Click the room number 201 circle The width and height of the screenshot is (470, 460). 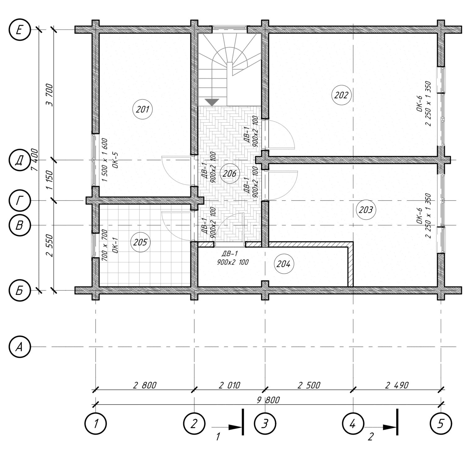(x=143, y=110)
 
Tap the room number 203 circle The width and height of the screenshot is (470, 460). (x=365, y=210)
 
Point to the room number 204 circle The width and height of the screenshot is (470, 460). (x=283, y=264)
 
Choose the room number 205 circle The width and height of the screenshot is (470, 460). (x=140, y=242)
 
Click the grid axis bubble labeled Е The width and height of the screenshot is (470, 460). (x=19, y=30)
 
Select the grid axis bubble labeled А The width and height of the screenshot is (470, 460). (x=19, y=347)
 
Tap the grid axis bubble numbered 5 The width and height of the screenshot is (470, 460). (x=441, y=424)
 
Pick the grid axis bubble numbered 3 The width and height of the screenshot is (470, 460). (x=265, y=424)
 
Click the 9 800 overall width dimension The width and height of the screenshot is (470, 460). (x=268, y=400)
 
